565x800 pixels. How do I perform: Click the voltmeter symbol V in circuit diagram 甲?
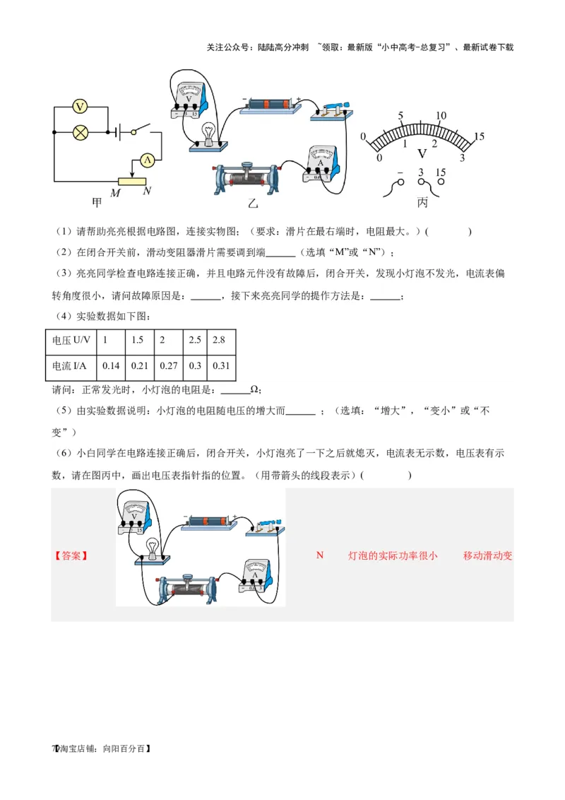[x=81, y=107]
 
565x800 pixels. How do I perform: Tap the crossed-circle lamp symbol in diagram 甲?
[x=81, y=131]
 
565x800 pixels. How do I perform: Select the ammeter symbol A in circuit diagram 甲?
[x=147, y=160]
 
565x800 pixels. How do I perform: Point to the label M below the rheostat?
[x=114, y=192]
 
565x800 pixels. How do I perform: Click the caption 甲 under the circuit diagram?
[x=97, y=203]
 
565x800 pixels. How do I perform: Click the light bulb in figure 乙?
[x=208, y=133]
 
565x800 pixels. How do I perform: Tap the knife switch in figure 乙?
[x=331, y=110]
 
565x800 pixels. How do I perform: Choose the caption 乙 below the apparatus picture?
[x=253, y=204]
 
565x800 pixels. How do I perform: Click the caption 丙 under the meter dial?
[x=422, y=203]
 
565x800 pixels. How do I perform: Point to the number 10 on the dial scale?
[x=441, y=116]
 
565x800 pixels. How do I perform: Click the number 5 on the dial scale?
[x=400, y=116]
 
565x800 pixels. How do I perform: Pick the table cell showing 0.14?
[x=112, y=365]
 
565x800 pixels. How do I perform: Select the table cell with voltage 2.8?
[x=218, y=340]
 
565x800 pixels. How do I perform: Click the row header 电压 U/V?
[x=71, y=340]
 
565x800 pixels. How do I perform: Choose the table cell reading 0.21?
[x=141, y=365]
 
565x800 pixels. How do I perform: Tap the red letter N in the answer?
[x=319, y=555]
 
